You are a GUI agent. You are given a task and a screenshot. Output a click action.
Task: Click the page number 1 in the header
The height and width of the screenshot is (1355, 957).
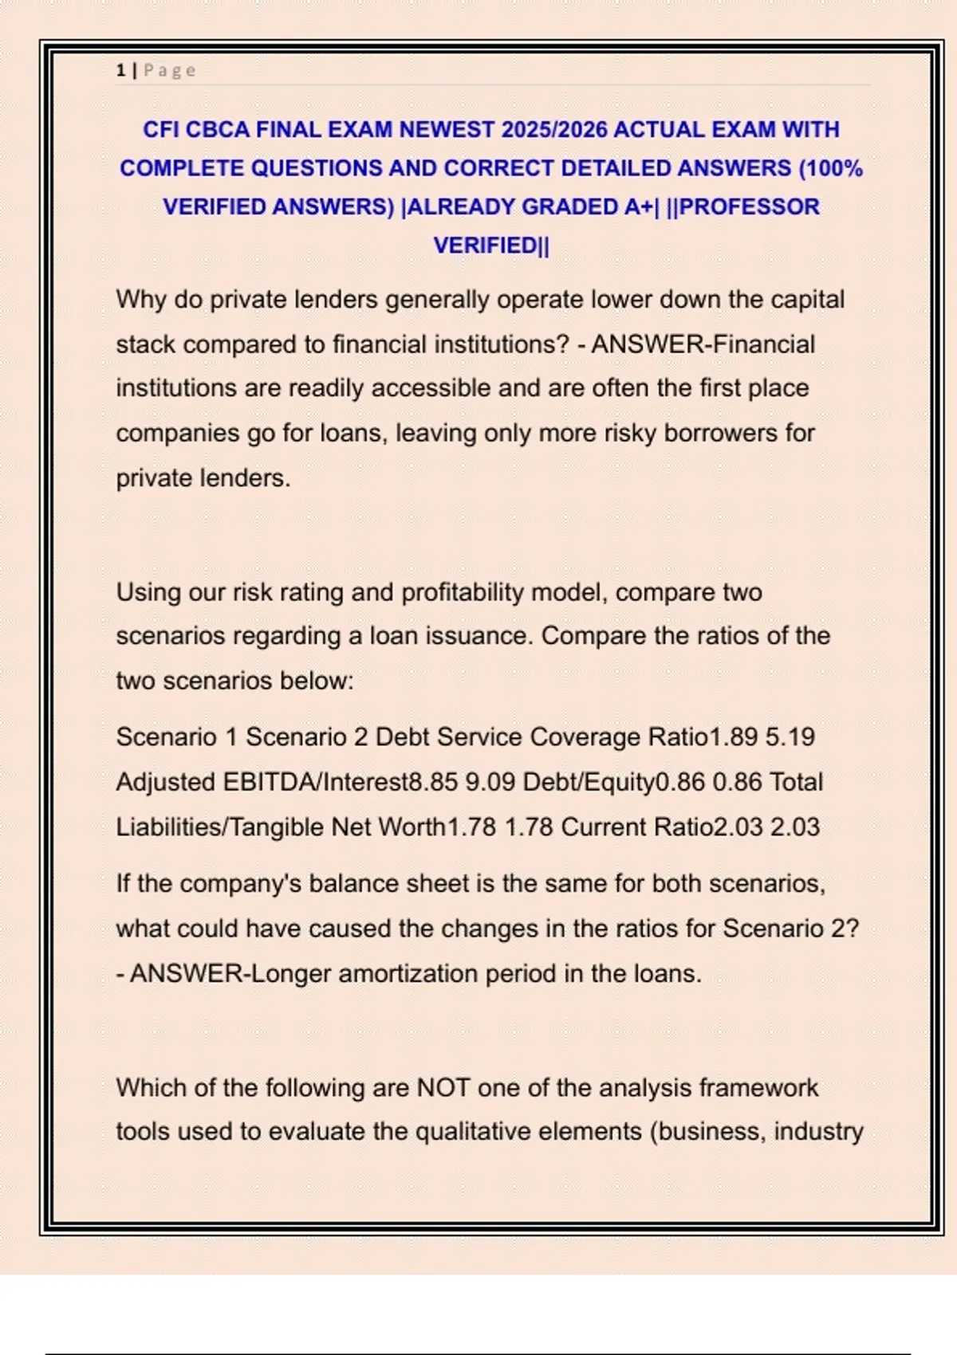coord(120,71)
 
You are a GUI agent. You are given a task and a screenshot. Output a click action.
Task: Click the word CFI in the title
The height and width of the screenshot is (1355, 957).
coord(160,130)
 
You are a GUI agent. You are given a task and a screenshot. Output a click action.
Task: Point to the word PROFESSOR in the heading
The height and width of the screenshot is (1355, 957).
coord(749,207)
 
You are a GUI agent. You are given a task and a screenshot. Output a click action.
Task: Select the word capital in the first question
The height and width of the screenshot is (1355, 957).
coord(806,300)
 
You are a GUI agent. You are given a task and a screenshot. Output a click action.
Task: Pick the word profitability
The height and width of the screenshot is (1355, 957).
coord(463,592)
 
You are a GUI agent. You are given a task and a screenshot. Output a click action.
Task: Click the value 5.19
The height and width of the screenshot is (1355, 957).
coord(790,737)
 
